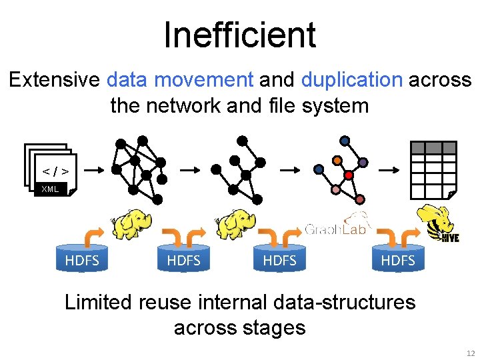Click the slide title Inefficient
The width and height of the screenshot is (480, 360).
(x=239, y=35)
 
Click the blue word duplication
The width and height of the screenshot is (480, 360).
(x=351, y=80)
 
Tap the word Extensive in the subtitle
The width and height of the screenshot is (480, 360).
(x=55, y=80)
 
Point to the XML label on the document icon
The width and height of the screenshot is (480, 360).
(x=50, y=189)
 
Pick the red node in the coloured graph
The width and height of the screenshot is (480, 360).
(x=347, y=175)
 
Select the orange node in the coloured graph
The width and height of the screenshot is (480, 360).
(x=338, y=160)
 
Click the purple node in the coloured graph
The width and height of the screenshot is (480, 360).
(x=363, y=162)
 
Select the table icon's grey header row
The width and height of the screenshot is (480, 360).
(x=433, y=148)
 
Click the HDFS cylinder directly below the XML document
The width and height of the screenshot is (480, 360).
(x=82, y=260)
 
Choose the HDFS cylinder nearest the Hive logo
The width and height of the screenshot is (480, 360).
(x=397, y=260)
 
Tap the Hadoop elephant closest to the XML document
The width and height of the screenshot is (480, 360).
(x=131, y=224)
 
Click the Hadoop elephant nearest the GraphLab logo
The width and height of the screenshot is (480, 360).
(x=235, y=224)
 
